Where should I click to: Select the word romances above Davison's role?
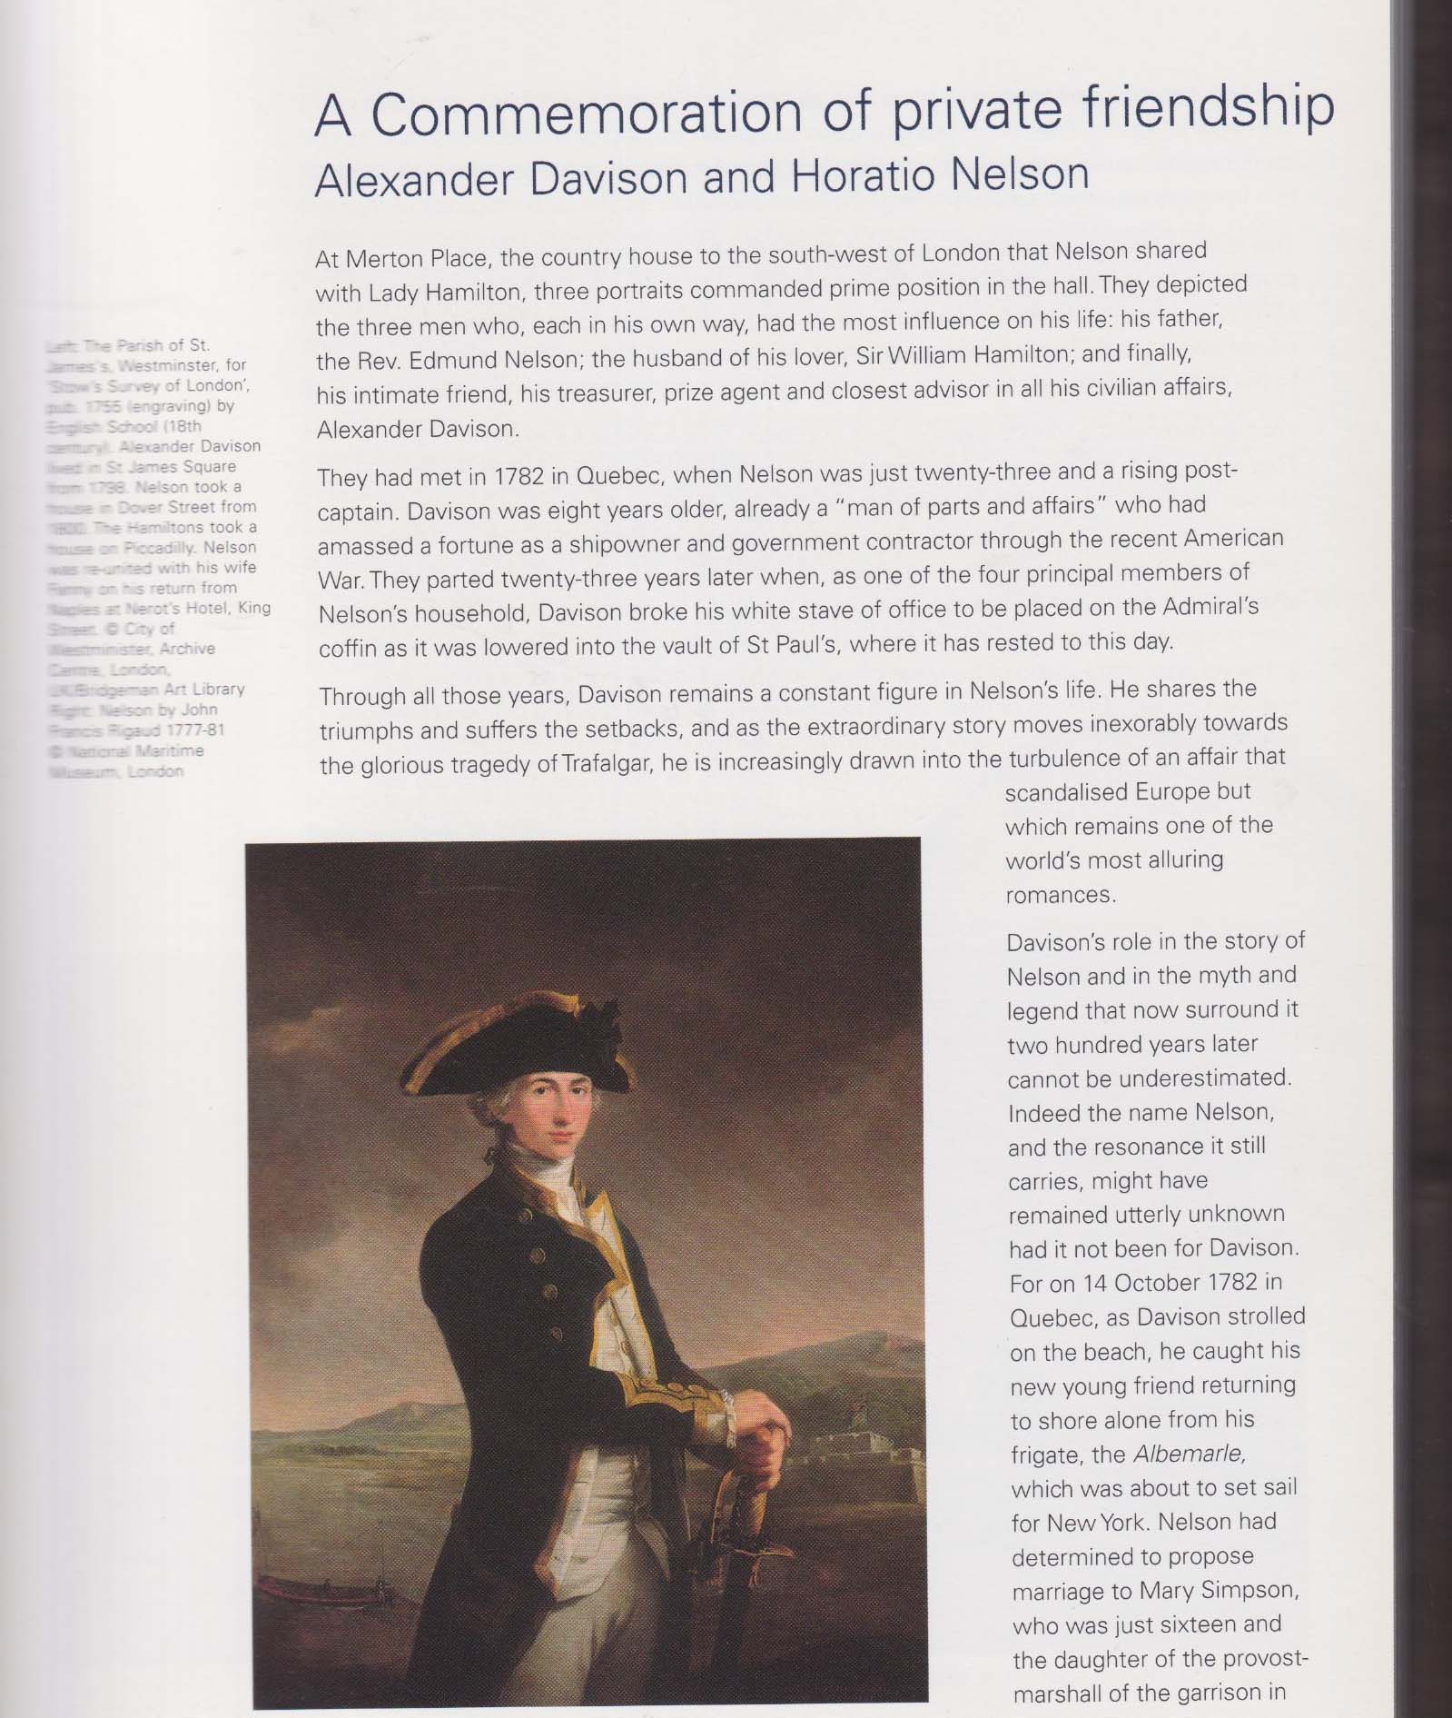(1059, 895)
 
